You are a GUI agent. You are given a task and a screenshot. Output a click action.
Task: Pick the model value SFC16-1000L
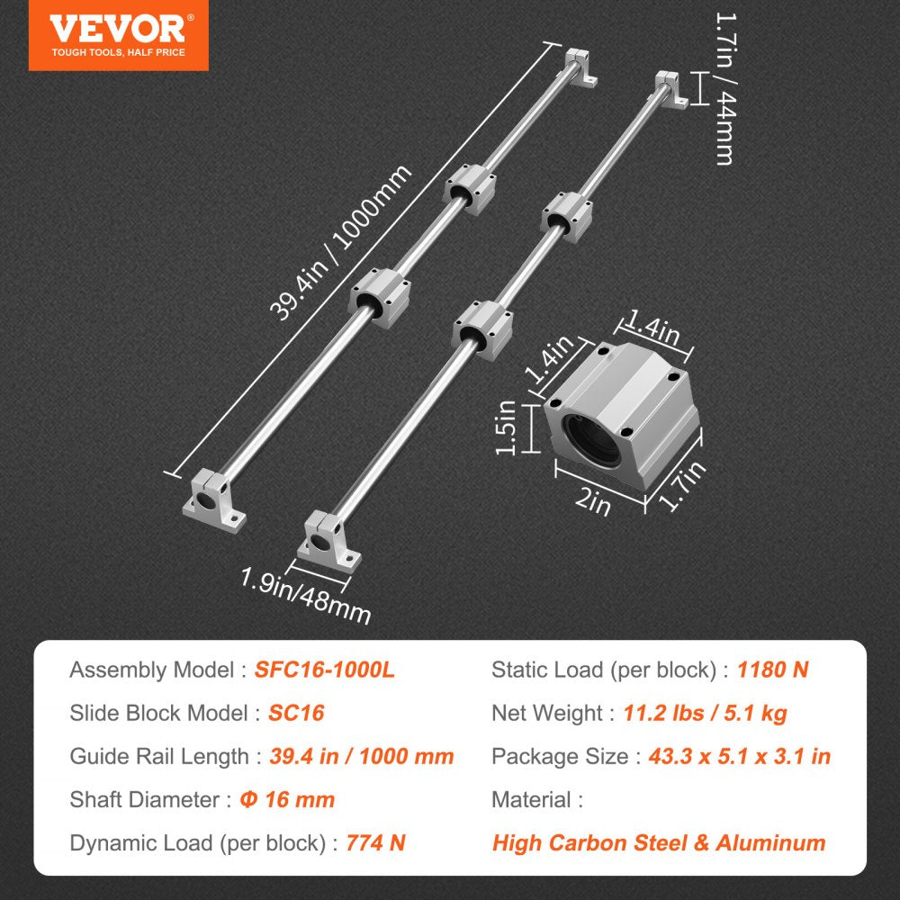point(325,670)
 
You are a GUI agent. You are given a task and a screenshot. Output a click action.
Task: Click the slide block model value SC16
point(296,713)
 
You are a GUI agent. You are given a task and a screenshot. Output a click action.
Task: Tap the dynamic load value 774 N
point(375,842)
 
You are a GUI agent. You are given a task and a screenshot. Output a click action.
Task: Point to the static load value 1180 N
point(772,670)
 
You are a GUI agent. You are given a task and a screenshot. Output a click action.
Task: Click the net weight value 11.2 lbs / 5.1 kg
point(705,713)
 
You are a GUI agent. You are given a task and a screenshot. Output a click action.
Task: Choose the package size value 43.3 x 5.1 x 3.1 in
point(739,756)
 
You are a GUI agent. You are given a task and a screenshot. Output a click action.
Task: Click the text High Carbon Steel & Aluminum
point(659,842)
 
